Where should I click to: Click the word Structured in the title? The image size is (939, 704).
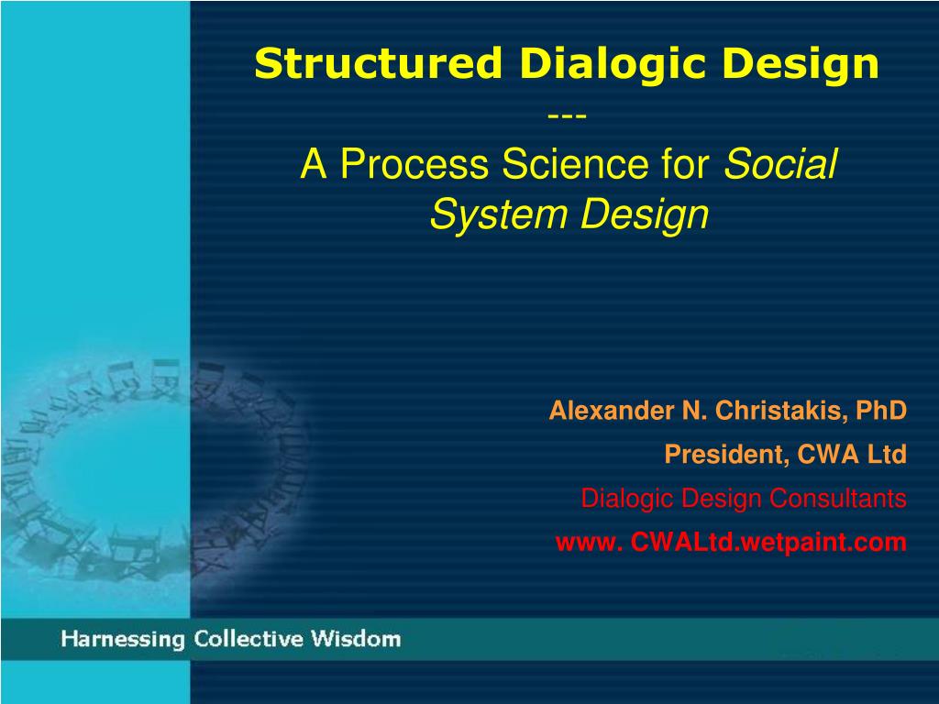[378, 63]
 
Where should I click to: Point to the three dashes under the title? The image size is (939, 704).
[567, 115]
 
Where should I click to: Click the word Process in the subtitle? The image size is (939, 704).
[414, 163]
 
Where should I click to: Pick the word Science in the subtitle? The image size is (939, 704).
[576, 163]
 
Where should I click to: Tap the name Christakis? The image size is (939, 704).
[781, 412]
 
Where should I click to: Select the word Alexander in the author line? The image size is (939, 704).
[612, 411]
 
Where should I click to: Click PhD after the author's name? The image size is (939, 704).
[881, 411]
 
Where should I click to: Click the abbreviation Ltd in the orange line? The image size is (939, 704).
[887, 455]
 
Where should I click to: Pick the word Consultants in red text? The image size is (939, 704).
[838, 498]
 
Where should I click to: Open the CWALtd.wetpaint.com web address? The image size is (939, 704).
[731, 543]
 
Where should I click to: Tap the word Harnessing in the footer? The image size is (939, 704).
[123, 639]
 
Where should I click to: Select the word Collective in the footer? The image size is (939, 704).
[249, 639]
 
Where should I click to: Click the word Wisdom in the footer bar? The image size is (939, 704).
[356, 639]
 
